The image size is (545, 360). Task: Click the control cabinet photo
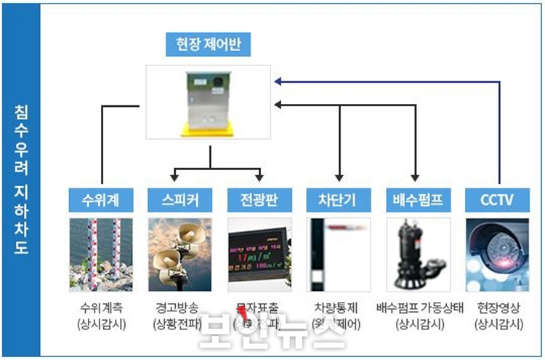(x=209, y=103)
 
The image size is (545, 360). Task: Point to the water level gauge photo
(x=101, y=255)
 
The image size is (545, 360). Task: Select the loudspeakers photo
(x=179, y=255)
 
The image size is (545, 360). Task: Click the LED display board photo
(x=259, y=255)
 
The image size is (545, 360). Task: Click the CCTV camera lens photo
(x=498, y=255)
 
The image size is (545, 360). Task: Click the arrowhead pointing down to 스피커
(x=174, y=177)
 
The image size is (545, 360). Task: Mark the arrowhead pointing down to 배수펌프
(x=415, y=177)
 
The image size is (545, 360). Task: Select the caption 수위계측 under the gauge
(x=101, y=308)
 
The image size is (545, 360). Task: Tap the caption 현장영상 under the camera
(x=498, y=308)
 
